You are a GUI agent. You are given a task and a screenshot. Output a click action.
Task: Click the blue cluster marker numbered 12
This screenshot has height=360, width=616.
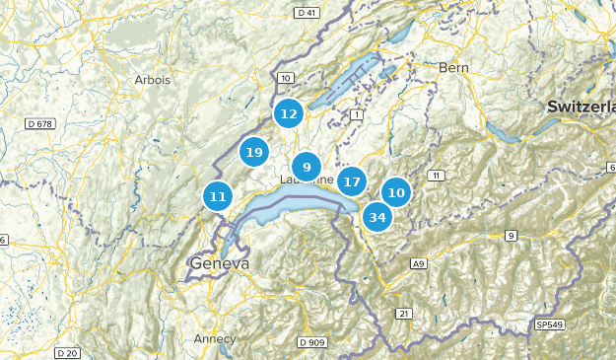click(288, 114)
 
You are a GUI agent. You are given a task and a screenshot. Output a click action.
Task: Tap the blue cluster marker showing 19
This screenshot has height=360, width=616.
click(254, 152)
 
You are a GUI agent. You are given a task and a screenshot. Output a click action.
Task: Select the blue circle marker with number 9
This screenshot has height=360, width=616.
click(307, 167)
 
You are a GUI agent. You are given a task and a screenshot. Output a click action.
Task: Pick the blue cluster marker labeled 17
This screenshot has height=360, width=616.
click(352, 181)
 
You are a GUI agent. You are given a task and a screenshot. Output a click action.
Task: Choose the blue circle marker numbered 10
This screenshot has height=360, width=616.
click(396, 192)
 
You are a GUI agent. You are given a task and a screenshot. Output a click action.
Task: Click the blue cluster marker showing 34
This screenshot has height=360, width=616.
click(376, 216)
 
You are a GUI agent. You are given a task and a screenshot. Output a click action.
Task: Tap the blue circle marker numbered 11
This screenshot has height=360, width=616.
click(218, 196)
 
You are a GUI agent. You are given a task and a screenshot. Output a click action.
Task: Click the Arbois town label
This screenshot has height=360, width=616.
click(153, 80)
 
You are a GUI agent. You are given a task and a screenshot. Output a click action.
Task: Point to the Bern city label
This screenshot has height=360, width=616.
click(454, 67)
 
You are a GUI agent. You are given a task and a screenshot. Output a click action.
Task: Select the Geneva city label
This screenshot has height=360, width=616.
click(218, 265)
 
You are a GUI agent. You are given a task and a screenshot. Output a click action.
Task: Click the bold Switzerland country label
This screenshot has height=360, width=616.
click(582, 106)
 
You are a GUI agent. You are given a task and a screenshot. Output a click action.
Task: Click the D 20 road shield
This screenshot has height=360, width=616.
click(67, 352)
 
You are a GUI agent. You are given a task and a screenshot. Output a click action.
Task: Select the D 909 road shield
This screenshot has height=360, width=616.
click(310, 342)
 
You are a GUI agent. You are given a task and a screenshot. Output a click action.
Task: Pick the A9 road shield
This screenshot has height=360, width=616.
click(418, 263)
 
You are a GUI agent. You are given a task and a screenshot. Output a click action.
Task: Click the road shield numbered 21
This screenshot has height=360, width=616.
click(403, 313)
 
